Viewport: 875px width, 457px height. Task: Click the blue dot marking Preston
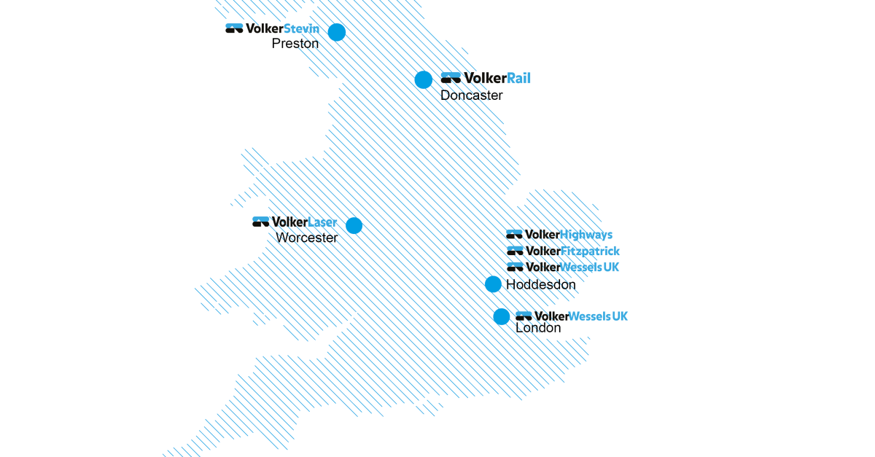[336, 32]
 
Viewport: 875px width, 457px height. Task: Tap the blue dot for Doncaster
[424, 79]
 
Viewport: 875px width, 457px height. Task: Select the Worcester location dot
[354, 225]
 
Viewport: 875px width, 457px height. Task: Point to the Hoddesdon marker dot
[493, 284]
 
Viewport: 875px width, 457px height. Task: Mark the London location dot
[501, 316]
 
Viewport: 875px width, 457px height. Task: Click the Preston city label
[295, 44]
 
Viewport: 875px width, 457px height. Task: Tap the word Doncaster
[471, 95]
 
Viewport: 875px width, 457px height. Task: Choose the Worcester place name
[307, 238]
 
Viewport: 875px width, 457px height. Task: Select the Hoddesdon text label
[540, 285]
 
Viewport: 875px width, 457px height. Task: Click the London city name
[538, 328]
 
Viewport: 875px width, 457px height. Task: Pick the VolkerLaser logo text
[305, 222]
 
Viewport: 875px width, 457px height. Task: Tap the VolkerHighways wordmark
[569, 235]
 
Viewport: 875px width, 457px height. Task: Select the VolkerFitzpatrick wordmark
[572, 251]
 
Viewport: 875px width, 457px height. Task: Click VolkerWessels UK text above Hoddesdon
[572, 267]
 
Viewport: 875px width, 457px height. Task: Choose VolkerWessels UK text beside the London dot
[581, 316]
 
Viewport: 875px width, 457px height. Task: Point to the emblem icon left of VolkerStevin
[234, 28]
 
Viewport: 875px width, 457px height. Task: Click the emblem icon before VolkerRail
[451, 77]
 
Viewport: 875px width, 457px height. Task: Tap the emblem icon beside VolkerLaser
[260, 222]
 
